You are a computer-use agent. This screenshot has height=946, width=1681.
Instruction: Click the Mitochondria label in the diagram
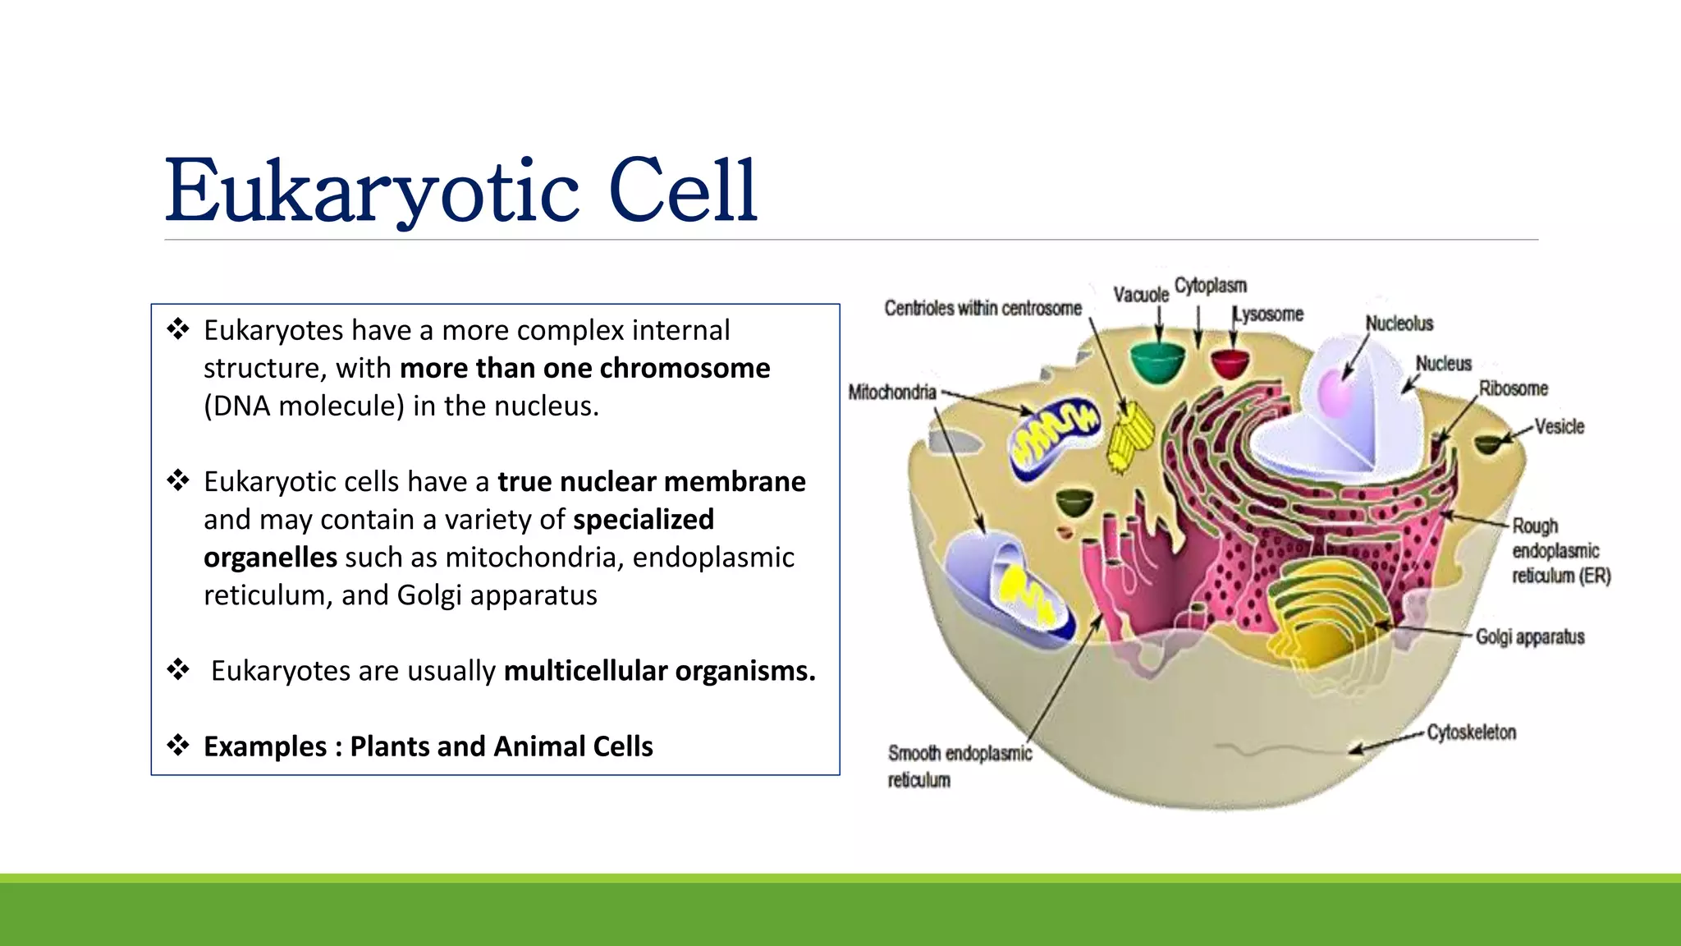tap(891, 393)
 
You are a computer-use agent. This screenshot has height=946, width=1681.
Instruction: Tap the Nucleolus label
tap(1399, 324)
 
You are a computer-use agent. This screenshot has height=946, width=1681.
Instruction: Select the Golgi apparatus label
tap(1529, 637)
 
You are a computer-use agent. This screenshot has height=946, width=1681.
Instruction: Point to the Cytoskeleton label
tap(1471, 732)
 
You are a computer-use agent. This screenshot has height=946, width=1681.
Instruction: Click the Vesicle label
tap(1559, 427)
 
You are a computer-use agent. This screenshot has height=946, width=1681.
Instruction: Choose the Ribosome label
tap(1513, 388)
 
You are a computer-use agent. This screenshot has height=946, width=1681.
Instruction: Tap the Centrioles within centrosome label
tap(982, 309)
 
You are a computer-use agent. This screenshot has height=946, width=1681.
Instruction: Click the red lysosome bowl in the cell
tap(1230, 362)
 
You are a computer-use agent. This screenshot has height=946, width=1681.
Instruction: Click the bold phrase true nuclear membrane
tap(651, 482)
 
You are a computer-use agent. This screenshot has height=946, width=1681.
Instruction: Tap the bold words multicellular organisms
tap(659, 671)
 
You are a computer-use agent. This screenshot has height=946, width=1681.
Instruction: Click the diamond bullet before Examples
tap(178, 746)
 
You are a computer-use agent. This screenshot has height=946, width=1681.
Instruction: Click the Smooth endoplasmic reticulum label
tap(959, 765)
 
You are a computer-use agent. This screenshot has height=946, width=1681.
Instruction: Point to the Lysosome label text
tap(1268, 315)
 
